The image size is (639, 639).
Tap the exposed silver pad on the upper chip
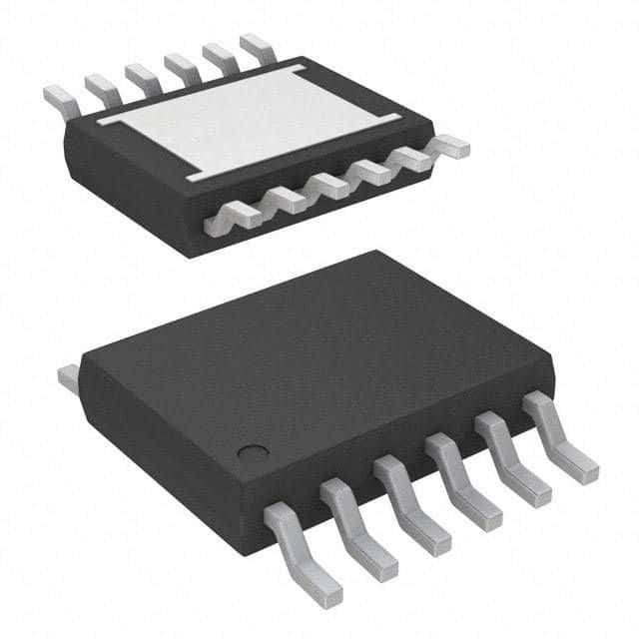(251, 126)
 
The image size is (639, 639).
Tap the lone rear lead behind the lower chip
(68, 377)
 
